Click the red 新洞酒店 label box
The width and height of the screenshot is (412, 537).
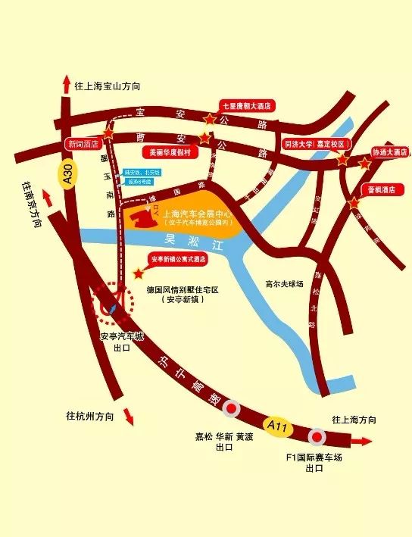pos(83,142)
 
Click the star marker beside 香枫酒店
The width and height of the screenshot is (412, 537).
pos(354,202)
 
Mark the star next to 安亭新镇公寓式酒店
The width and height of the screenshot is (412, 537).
pos(138,273)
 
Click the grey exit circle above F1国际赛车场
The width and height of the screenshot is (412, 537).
pos(317,437)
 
